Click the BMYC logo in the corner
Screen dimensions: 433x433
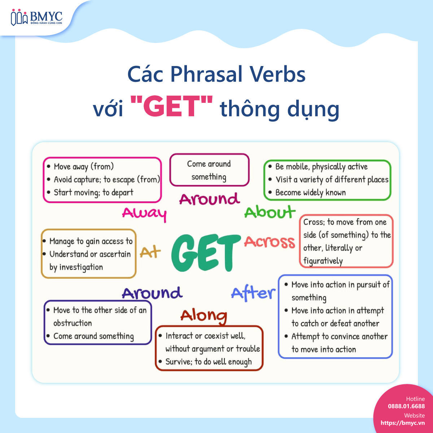pyautogui.click(x=37, y=17)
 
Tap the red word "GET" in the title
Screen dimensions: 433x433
pyautogui.click(x=171, y=106)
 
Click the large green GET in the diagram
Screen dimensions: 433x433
pyautogui.click(x=206, y=253)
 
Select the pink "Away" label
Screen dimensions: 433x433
pyautogui.click(x=144, y=214)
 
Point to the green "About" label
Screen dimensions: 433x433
pyautogui.click(x=270, y=212)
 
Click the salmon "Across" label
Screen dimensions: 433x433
pyautogui.click(x=270, y=242)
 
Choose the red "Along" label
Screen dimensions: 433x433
pyautogui.click(x=204, y=316)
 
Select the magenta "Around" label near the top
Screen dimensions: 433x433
pyautogui.click(x=209, y=199)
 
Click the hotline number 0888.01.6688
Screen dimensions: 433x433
pyautogui.click(x=406, y=406)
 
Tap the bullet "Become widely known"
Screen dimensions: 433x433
pyautogui.click(x=310, y=193)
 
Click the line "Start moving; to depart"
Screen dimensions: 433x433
pyautogui.click(x=93, y=193)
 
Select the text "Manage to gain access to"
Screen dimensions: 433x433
pyautogui.click(x=91, y=241)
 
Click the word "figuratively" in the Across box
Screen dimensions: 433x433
pyautogui.click(x=323, y=261)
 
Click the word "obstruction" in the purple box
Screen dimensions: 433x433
pyautogui.click(x=73, y=323)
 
